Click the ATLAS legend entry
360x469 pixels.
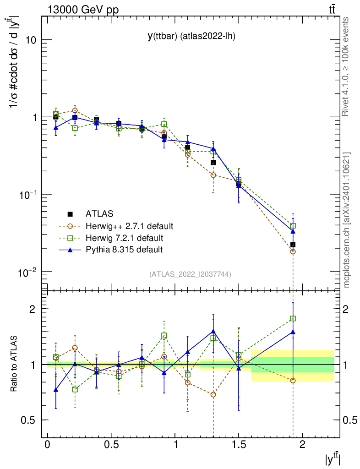(x=100, y=213)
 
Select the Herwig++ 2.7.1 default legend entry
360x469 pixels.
(x=129, y=226)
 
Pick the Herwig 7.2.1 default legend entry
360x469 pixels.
(x=124, y=238)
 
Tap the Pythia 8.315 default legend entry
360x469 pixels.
(x=124, y=250)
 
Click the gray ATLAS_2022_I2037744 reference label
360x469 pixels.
(x=190, y=274)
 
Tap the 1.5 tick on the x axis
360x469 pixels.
(x=239, y=444)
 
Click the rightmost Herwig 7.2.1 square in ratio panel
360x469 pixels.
(x=293, y=318)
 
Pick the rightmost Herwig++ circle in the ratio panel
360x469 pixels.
(x=293, y=381)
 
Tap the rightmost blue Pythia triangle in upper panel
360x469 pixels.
(x=293, y=231)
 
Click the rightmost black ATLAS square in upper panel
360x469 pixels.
(x=293, y=245)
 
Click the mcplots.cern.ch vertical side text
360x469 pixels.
(x=346, y=220)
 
